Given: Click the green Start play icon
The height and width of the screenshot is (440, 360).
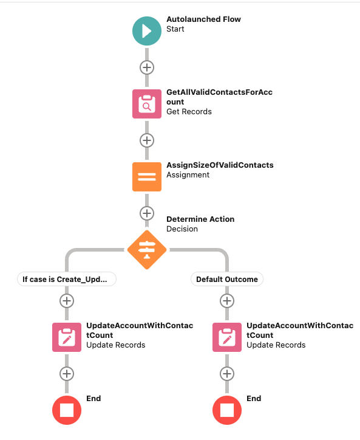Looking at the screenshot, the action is [x=147, y=31].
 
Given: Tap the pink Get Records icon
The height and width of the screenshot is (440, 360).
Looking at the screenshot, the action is [x=147, y=104].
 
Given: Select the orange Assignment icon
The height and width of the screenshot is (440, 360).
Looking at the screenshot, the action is [x=147, y=177].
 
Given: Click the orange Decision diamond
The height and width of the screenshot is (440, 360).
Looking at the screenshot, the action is [x=147, y=250].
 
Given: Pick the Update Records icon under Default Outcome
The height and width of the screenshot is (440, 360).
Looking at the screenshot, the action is [x=227, y=337].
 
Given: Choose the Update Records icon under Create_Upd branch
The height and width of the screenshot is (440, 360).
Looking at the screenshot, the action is [x=67, y=337].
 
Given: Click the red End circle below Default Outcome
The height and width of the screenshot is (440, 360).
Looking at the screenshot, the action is [x=227, y=410].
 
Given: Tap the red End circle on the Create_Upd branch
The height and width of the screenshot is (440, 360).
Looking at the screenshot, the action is [x=67, y=410].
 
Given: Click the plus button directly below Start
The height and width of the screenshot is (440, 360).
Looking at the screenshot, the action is [x=147, y=67].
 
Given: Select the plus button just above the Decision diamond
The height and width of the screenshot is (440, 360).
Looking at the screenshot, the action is [x=147, y=213].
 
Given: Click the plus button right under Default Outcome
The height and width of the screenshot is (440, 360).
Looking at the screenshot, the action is [x=227, y=301].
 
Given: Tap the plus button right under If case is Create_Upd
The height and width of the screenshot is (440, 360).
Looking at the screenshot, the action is [x=67, y=301].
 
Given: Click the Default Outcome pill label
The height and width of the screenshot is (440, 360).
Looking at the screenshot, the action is [x=227, y=279].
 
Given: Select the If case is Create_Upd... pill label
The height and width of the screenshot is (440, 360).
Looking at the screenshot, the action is [x=67, y=279].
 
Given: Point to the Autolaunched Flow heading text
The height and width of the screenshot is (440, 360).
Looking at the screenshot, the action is [x=203, y=19].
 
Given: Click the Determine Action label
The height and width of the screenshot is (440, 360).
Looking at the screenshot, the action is [x=200, y=219].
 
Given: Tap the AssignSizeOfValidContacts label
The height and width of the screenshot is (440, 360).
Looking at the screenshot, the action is [x=220, y=165].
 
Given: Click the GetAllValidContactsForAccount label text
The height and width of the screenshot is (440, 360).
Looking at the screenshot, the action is [x=220, y=97].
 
